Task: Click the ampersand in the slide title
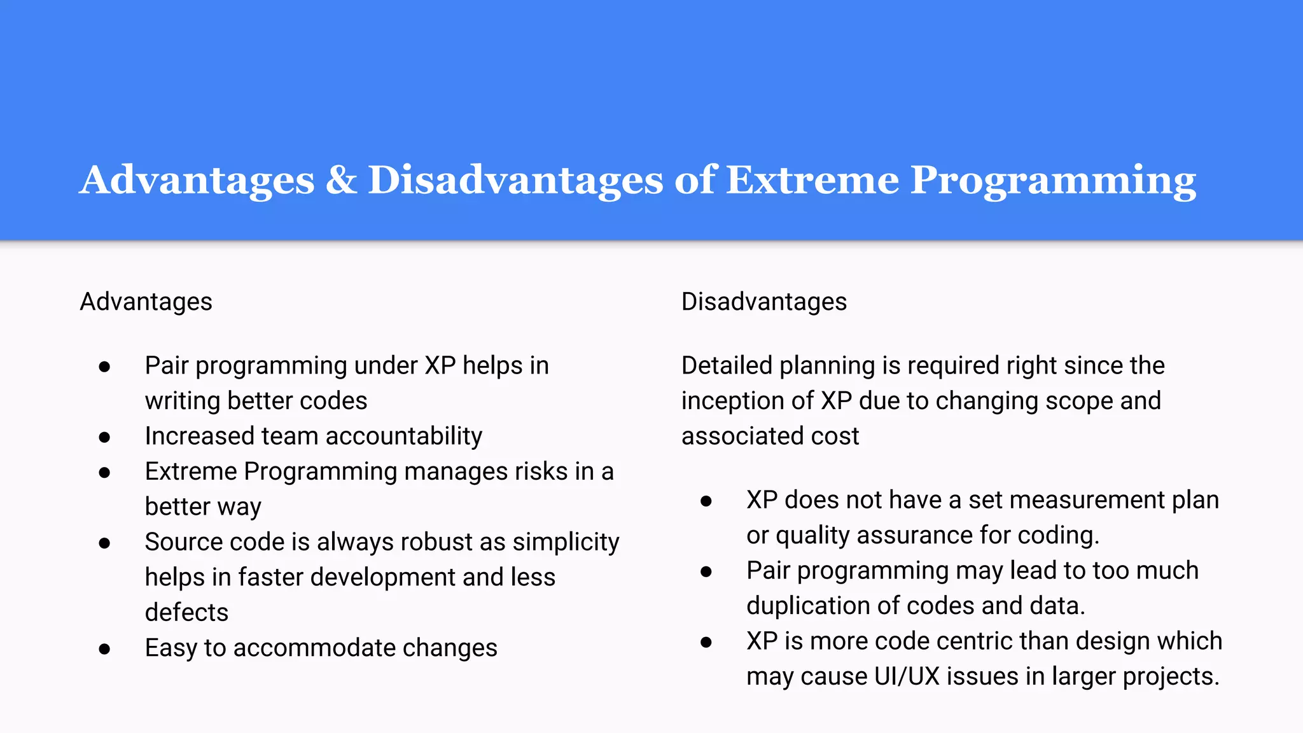[x=341, y=180]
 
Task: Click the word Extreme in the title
[x=812, y=180]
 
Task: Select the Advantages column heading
[x=146, y=302]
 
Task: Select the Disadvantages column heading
[x=763, y=302]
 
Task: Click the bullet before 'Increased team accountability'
[x=105, y=437]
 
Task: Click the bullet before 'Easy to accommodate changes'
[x=105, y=649]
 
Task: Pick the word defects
[x=186, y=612]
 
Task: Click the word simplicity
[x=566, y=543]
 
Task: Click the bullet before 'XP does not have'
[x=706, y=501]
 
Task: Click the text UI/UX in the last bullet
[x=907, y=676]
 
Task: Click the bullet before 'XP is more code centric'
[x=706, y=642]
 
